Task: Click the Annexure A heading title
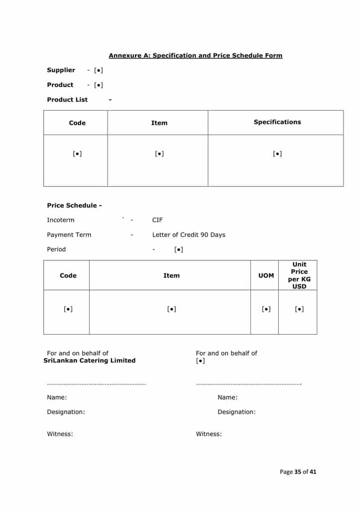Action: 195,56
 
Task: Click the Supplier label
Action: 61,70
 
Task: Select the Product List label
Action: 67,100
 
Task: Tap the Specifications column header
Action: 277,122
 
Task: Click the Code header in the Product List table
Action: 77,123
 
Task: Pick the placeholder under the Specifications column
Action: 277,154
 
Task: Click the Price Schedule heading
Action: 74,205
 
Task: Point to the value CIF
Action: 157,220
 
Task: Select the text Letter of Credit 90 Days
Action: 189,235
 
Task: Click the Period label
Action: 56,249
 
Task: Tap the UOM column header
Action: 266,275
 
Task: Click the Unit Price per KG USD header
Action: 299,275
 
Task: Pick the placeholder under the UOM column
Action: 266,309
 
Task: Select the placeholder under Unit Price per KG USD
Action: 299,309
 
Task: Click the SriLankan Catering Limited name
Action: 90,361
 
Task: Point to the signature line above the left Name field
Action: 96,384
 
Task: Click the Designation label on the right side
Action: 237,412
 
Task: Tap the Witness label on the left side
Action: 60,434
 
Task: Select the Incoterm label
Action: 60,220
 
